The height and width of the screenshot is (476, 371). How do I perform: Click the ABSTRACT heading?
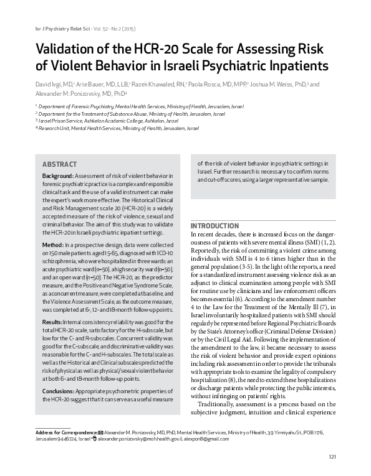(59, 164)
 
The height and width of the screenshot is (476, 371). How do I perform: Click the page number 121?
(332, 458)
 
